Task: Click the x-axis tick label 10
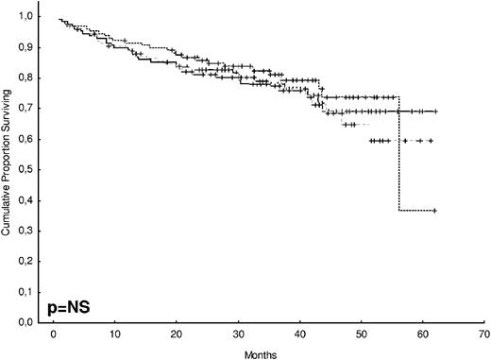click(x=114, y=334)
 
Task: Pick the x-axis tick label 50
click(x=362, y=334)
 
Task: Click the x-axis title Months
click(x=268, y=351)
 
